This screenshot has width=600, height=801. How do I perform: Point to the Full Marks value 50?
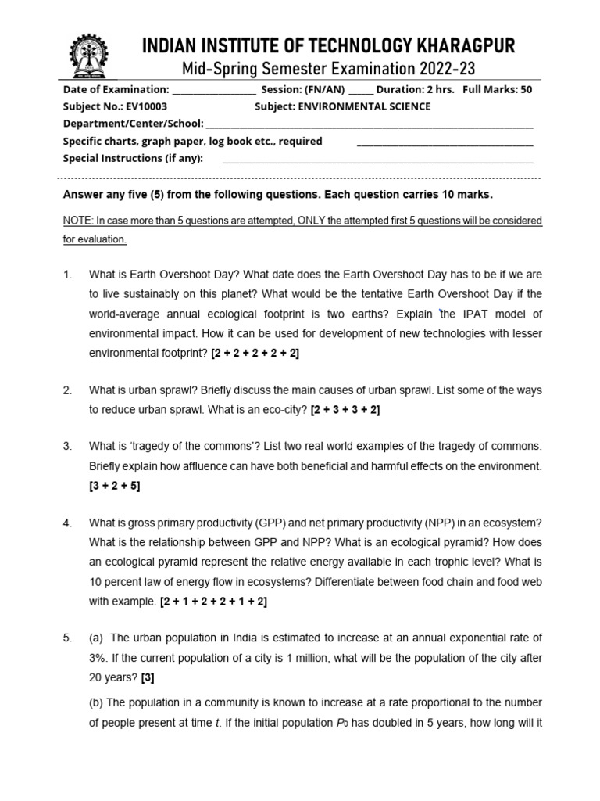coord(526,89)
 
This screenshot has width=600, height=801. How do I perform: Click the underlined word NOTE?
coord(77,221)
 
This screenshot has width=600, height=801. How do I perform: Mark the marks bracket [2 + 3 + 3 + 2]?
coord(345,409)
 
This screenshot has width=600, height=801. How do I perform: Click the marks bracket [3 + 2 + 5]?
coord(115,485)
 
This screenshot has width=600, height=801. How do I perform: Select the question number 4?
coord(68,523)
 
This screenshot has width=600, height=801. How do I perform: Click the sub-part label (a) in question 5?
coord(97,638)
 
